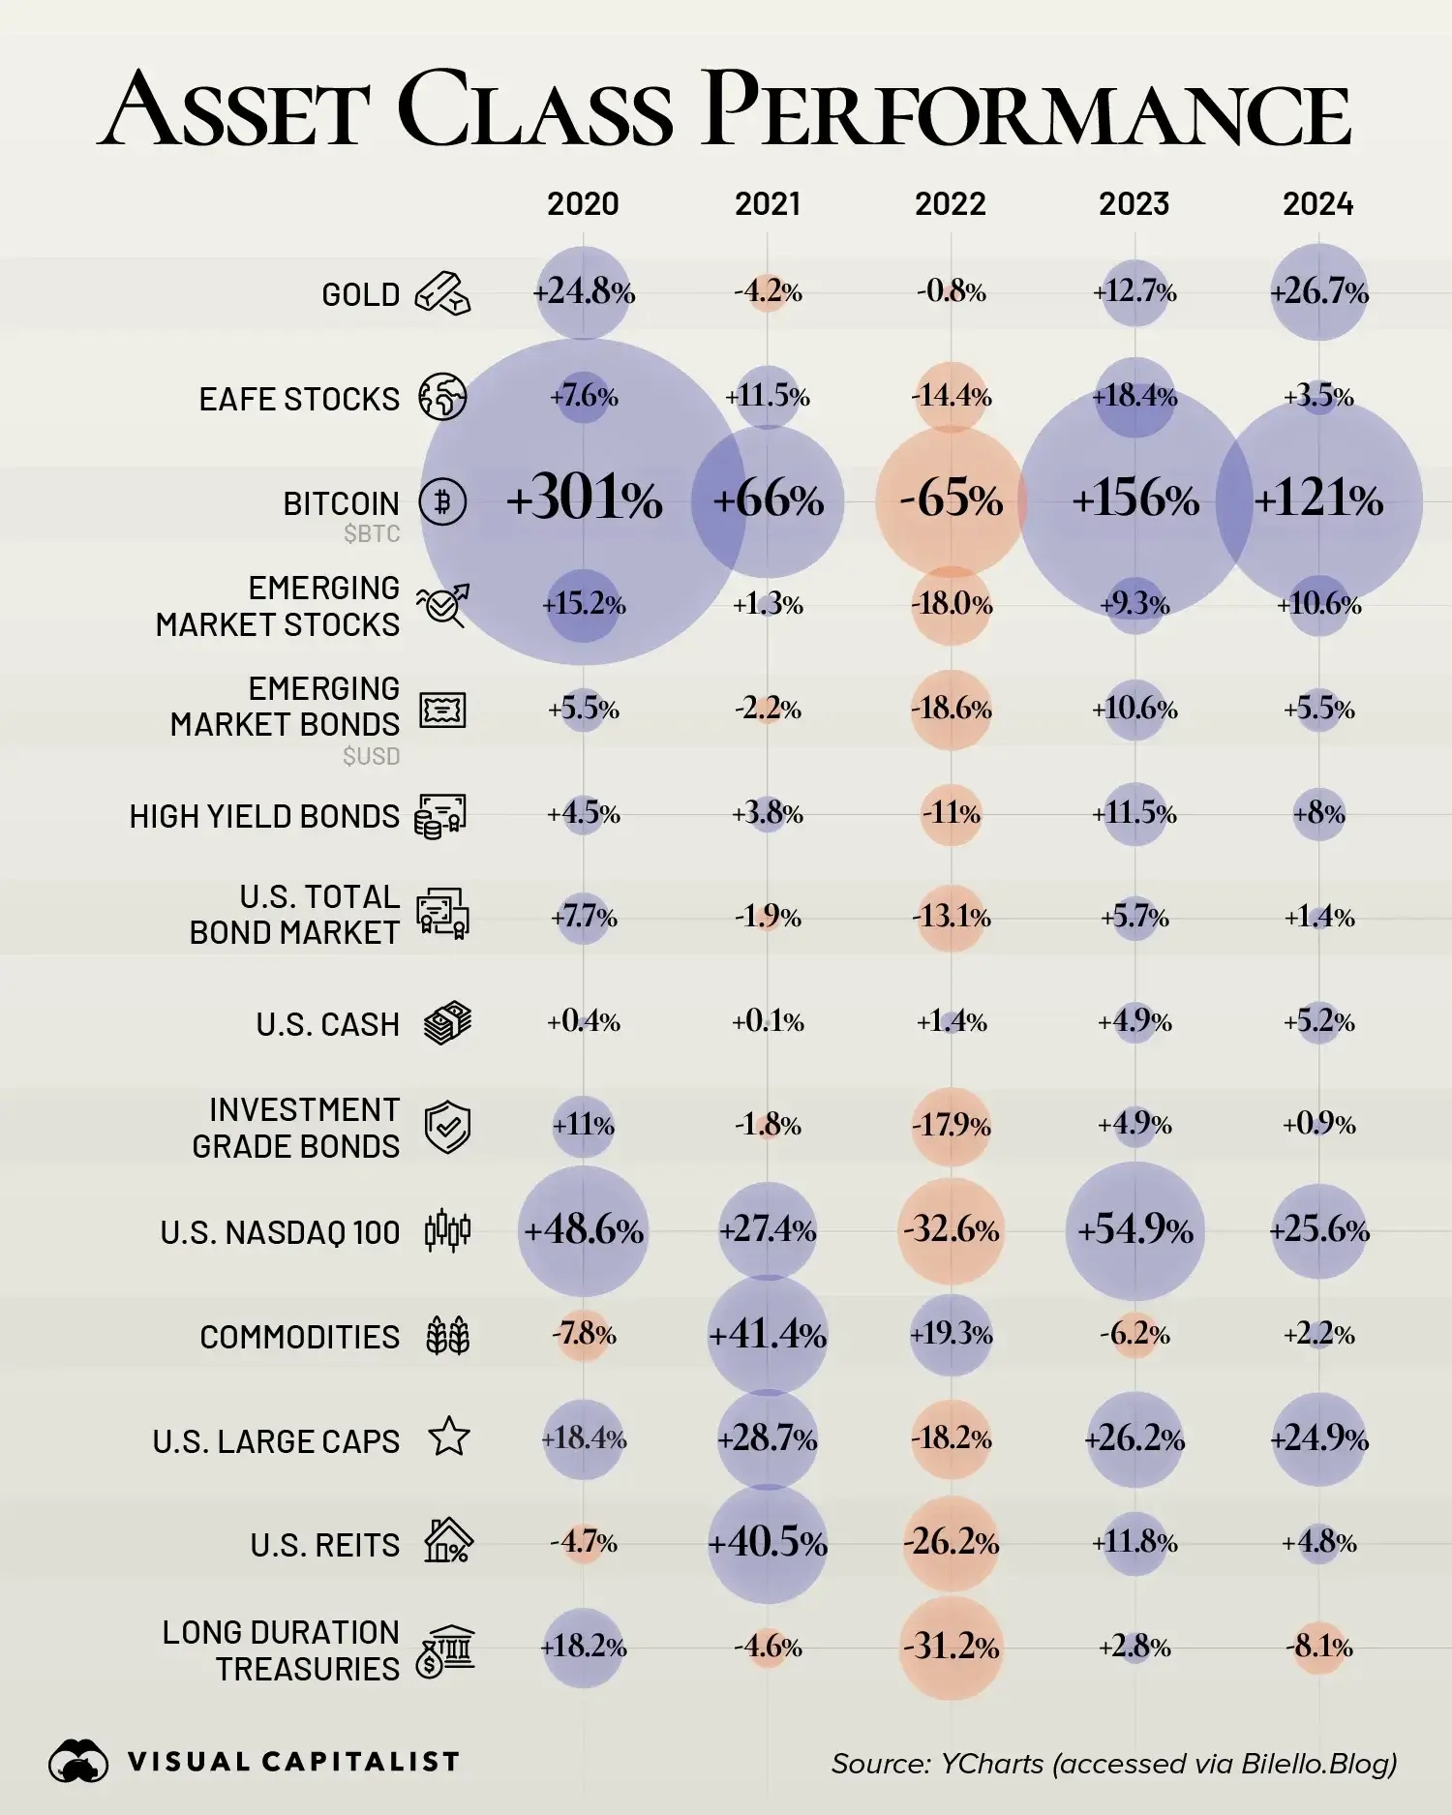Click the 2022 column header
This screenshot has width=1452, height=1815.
tap(950, 204)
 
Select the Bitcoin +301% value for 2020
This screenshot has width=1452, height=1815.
tap(584, 500)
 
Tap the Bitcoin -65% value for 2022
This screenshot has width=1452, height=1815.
tap(951, 500)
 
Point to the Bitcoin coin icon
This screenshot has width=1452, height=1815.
tap(442, 502)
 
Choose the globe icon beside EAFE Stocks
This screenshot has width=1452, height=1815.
tap(442, 398)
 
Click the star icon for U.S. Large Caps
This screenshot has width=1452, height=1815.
tap(448, 1437)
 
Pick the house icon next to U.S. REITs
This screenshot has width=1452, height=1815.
tap(448, 1541)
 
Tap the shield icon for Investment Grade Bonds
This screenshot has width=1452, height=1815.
tap(448, 1128)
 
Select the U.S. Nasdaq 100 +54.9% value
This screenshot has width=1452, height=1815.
tap(1134, 1231)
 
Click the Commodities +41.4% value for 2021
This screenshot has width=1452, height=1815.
tap(768, 1336)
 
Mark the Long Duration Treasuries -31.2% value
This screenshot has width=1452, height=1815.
tap(951, 1647)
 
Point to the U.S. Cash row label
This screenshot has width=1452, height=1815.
tap(327, 1024)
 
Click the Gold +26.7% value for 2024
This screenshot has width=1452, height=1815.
tap(1318, 292)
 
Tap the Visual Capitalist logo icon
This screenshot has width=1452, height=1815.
tap(78, 1761)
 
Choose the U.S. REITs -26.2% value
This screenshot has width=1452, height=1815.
tap(951, 1542)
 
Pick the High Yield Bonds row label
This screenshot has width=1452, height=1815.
tap(263, 816)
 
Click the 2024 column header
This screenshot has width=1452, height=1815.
tap(1317, 204)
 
